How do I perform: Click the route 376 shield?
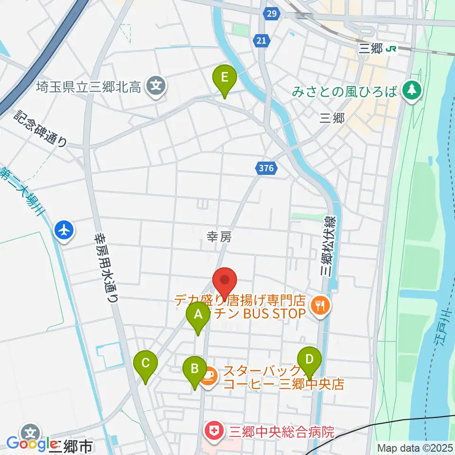(265, 167)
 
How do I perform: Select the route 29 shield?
(271, 14)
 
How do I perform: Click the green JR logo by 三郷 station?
(391, 49)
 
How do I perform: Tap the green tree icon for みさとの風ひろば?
(411, 90)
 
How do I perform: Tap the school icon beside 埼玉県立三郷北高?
(156, 86)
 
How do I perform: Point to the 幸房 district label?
(219, 237)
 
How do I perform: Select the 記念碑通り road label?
(41, 127)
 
